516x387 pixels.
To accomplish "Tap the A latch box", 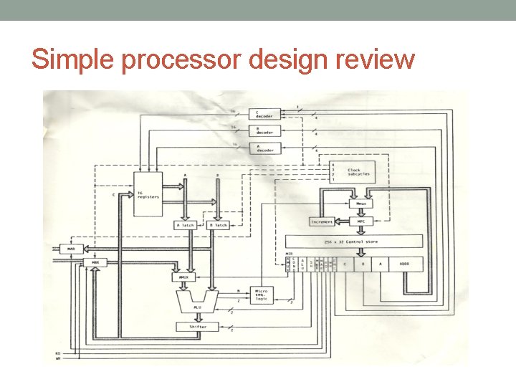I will (185, 225).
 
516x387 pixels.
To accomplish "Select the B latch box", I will (218, 225).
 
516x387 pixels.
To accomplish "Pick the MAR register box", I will (71, 249).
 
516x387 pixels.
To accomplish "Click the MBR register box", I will (95, 263).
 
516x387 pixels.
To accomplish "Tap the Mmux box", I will (360, 204).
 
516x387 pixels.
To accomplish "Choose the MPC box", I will (360, 221).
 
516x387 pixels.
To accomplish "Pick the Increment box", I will (322, 222).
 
